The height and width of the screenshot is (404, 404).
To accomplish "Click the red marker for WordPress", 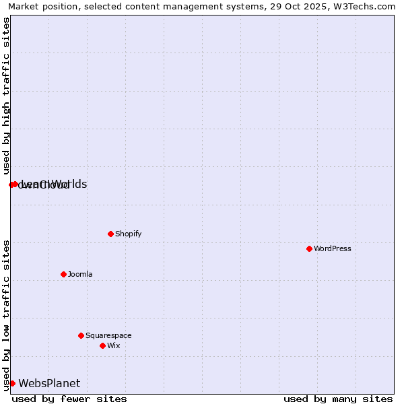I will click(309, 248).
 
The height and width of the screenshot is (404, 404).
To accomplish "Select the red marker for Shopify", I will click(110, 234).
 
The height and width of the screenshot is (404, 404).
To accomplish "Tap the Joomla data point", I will click(63, 274).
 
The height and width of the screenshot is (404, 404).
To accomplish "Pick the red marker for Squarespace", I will click(81, 335).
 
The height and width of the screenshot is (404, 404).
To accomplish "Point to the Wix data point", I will click(102, 345).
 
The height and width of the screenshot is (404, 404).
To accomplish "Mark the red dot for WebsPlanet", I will click(12, 383).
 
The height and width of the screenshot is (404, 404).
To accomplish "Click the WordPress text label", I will click(333, 248).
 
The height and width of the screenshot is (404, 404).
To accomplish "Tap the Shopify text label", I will click(128, 234).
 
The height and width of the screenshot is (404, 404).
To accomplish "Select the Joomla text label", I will click(80, 274).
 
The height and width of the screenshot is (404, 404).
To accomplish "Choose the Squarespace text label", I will click(108, 335).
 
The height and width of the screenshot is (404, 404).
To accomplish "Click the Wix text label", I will click(114, 345).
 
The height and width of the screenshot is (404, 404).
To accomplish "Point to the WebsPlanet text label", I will click(49, 383).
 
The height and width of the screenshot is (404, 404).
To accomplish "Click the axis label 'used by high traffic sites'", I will click(6, 96).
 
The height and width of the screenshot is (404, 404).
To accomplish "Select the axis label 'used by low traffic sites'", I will click(6, 315).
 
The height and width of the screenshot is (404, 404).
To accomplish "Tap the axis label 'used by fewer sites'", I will click(69, 399).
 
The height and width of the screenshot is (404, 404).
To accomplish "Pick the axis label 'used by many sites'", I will click(338, 399).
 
